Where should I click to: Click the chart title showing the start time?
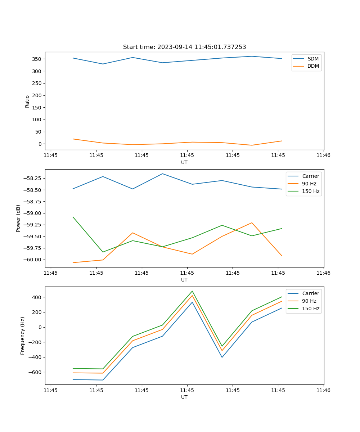tap(184, 47)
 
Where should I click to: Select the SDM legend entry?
tap(313, 59)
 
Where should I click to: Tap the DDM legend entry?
tap(313, 66)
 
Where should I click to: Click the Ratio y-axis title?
tap(27, 102)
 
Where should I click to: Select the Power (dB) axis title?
tap(18, 218)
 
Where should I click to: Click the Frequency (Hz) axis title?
tap(23, 336)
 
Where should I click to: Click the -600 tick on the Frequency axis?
tap(36, 372)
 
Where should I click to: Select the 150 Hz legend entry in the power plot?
tap(311, 191)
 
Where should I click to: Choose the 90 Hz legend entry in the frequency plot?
tap(309, 301)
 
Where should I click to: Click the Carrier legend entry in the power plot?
tap(311, 176)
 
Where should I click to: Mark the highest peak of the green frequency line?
tap(192, 291)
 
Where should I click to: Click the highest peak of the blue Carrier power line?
tap(162, 174)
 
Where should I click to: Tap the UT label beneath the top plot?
tap(184, 162)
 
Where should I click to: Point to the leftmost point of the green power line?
tap(73, 217)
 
